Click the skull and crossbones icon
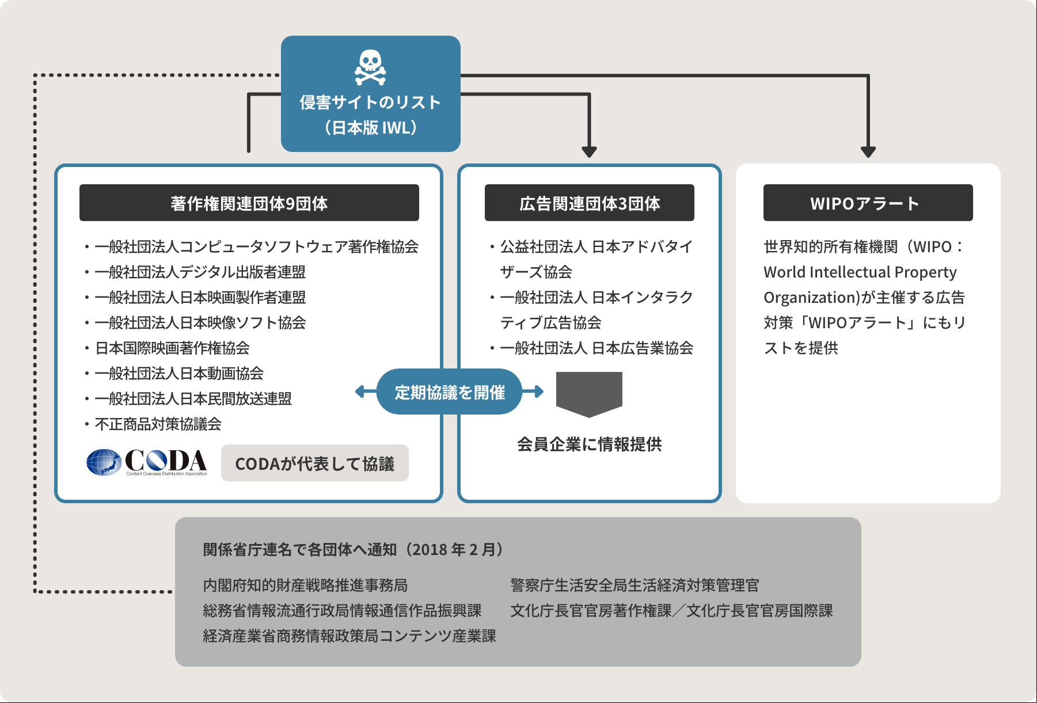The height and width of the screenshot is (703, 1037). [370, 67]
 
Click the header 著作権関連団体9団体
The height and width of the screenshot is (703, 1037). [249, 203]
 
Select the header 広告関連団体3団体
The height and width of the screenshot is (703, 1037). [590, 203]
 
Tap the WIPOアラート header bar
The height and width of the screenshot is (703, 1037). [868, 203]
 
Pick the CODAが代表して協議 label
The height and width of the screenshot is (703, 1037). [315, 463]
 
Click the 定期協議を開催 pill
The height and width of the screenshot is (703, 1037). [449, 392]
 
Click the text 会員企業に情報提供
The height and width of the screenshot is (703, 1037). [590, 444]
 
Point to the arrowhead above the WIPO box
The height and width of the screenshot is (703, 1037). [868, 151]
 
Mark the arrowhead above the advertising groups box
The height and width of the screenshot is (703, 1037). [589, 151]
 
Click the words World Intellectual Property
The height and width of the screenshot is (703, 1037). [860, 272]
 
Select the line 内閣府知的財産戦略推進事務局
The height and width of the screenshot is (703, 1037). [305, 585]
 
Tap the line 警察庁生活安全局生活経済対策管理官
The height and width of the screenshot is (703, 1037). [635, 585]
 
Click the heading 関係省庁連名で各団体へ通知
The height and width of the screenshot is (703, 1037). [300, 549]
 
